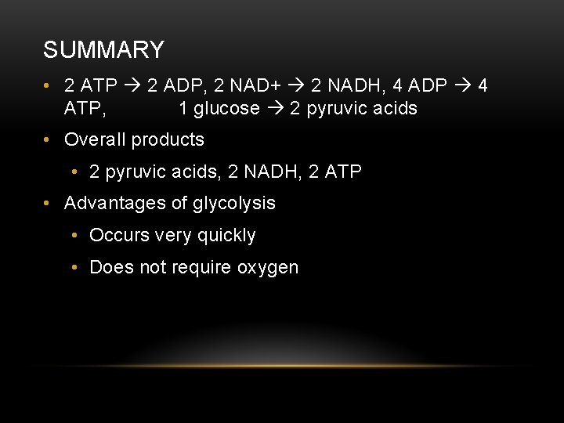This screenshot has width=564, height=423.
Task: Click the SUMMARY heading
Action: click(103, 50)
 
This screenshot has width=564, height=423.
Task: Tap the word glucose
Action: click(226, 108)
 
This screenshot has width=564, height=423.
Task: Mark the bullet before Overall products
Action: click(49, 140)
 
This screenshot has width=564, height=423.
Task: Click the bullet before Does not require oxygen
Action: click(74, 267)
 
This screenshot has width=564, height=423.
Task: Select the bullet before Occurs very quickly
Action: click(74, 235)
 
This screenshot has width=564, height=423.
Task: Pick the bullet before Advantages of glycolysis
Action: click(49, 203)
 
